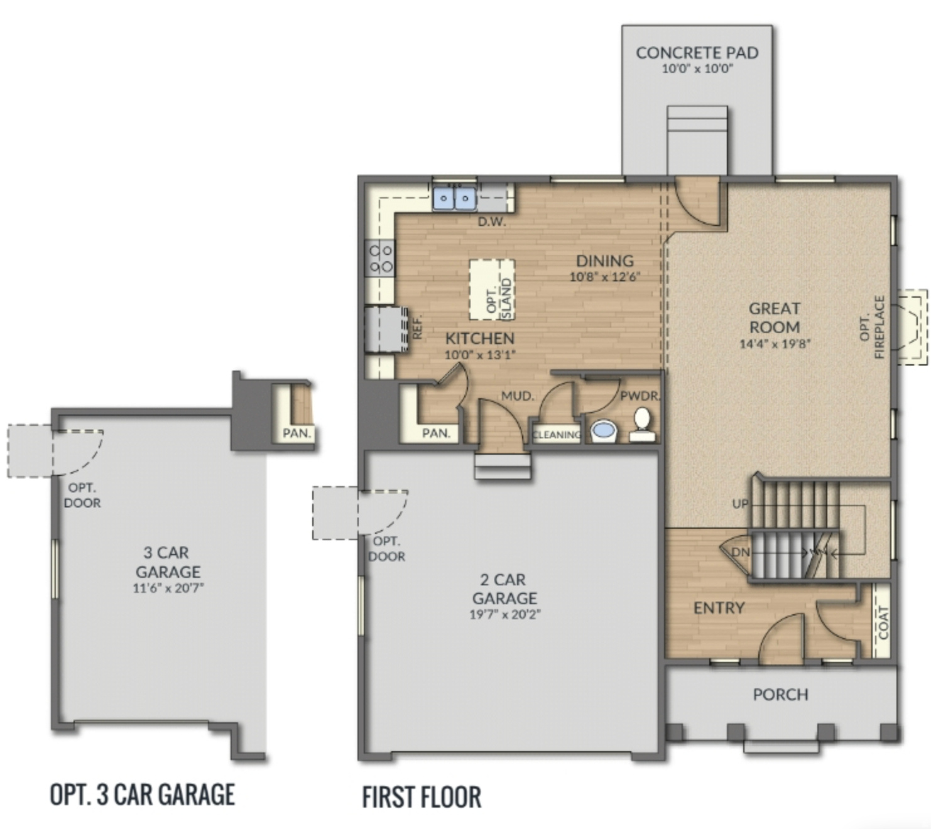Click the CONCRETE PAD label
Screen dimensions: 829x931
click(697, 53)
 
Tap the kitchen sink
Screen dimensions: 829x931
click(454, 199)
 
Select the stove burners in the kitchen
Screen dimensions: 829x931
click(381, 258)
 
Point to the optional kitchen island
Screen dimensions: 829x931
click(492, 290)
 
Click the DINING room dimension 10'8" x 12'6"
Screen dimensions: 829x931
click(604, 277)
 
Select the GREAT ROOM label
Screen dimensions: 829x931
click(774, 318)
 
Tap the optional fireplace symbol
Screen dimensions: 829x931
click(911, 327)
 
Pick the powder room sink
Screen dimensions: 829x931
click(604, 430)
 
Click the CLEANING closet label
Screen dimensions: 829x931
click(557, 435)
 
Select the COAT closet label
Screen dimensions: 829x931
click(883, 622)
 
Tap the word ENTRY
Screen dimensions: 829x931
click(719, 608)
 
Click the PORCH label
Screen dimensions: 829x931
click(780, 695)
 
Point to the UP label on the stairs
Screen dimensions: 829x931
click(740, 504)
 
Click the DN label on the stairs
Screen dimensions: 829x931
click(740, 552)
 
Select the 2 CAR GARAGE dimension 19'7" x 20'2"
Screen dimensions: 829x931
click(504, 614)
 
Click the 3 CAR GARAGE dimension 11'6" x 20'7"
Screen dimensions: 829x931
click(168, 588)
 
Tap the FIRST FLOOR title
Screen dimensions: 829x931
click(422, 797)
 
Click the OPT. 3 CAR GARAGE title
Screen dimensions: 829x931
click(143, 794)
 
